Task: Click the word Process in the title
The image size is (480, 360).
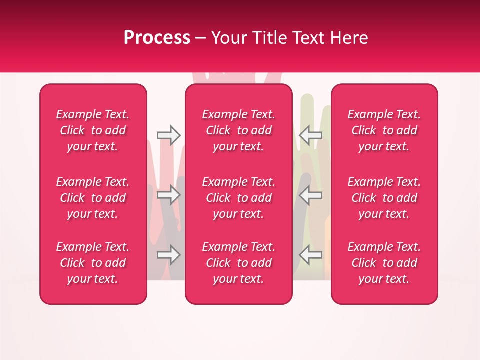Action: [157, 38]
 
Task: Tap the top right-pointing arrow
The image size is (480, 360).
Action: [168, 135]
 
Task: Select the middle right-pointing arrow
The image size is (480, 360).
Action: [168, 195]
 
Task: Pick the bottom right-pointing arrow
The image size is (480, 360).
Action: [168, 254]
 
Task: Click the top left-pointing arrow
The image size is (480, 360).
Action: [311, 135]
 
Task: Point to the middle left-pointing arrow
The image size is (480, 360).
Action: [311, 195]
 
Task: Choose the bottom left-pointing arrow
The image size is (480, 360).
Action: [311, 254]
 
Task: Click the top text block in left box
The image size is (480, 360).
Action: [93, 130]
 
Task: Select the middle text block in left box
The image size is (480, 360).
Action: [93, 198]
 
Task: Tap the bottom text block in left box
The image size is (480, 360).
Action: [93, 263]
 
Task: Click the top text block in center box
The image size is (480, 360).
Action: [239, 130]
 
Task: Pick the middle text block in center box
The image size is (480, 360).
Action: [239, 198]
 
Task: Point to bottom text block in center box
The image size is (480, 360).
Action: [239, 263]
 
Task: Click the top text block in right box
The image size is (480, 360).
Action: [384, 130]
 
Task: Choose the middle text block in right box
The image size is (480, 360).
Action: [384, 198]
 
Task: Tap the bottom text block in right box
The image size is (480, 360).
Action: [384, 263]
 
